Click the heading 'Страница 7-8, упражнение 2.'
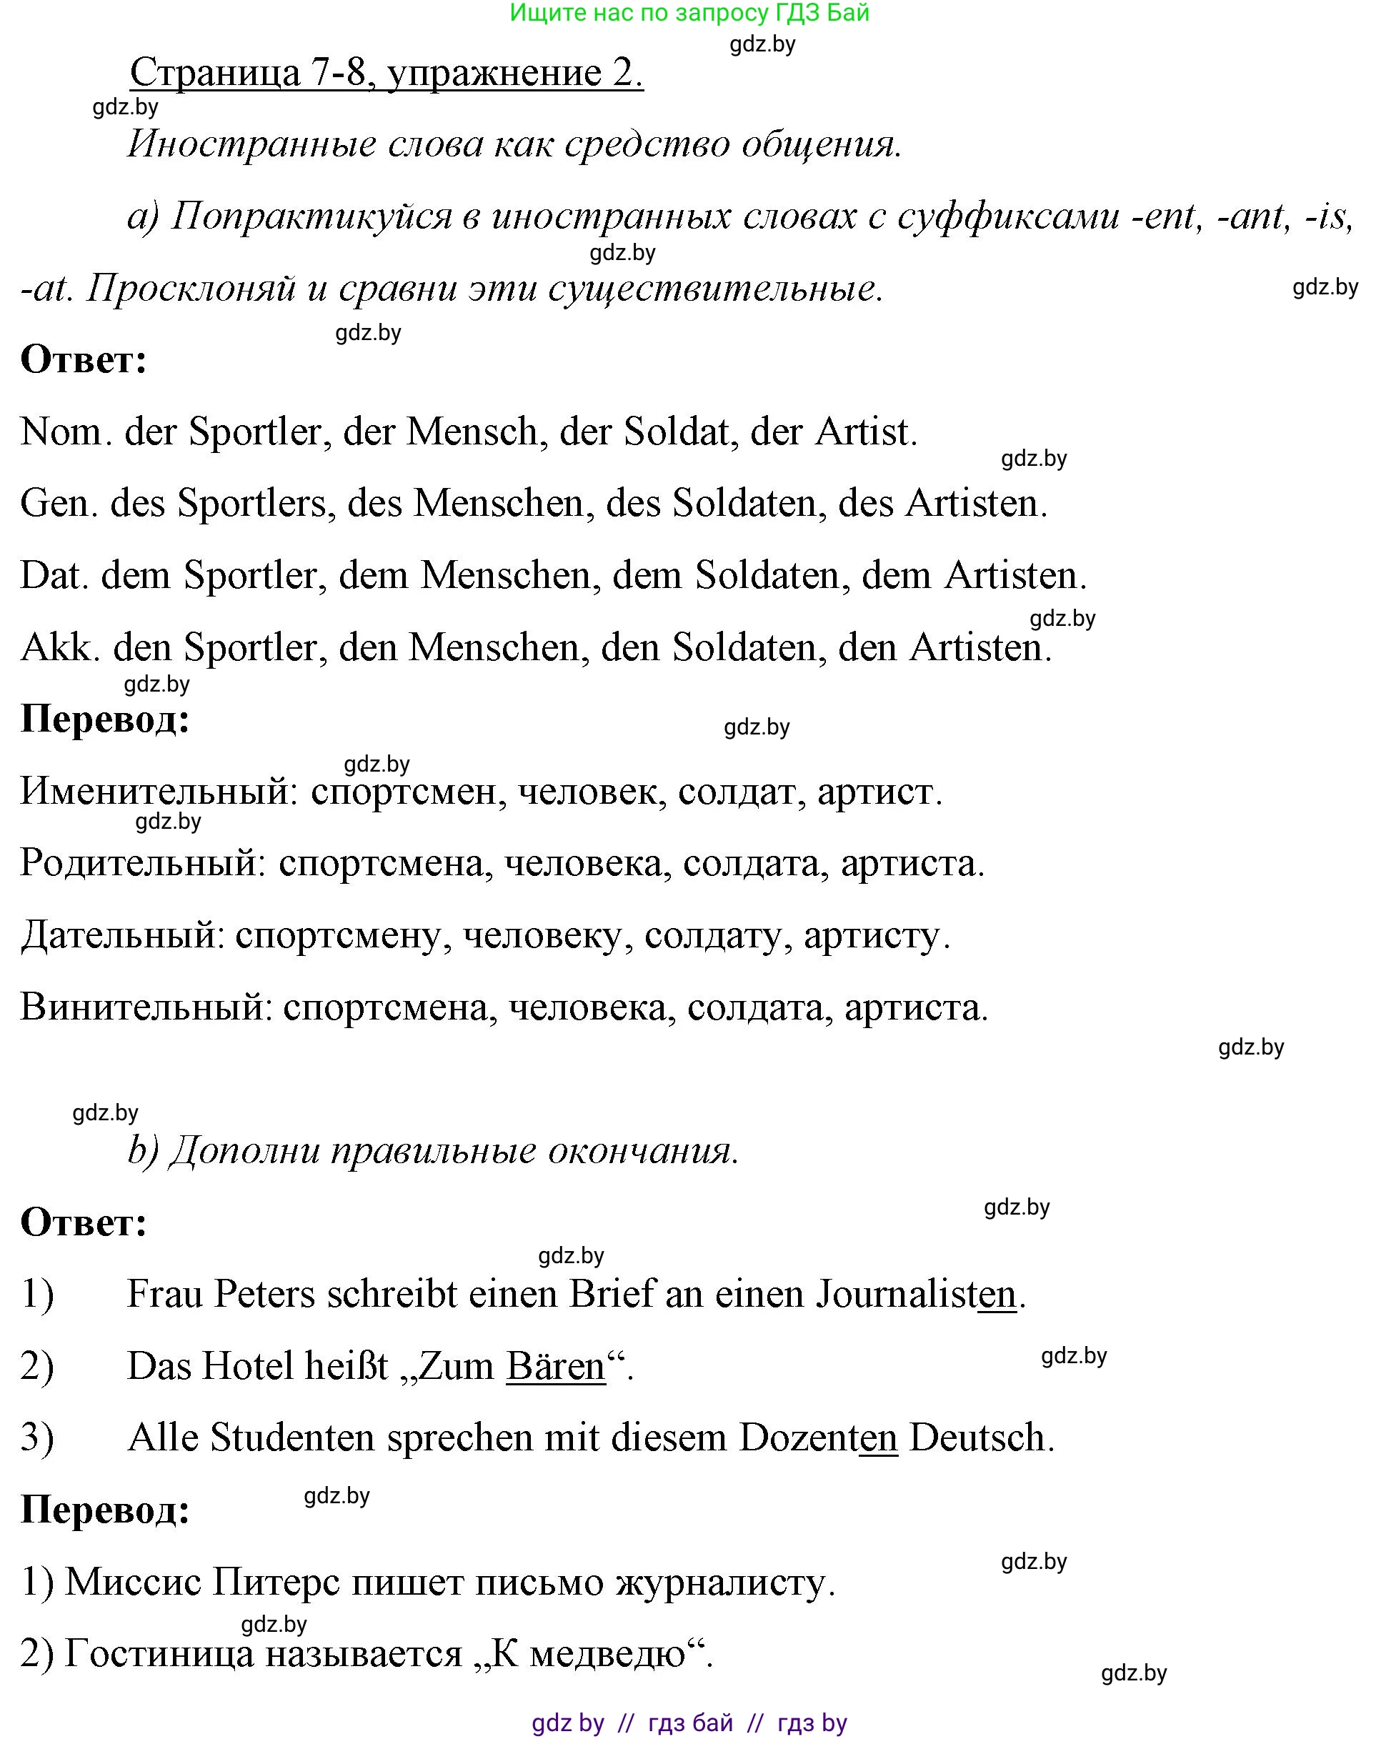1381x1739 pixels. [387, 74]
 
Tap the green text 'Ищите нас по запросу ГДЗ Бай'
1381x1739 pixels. [689, 13]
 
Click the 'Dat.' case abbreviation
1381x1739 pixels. [54, 576]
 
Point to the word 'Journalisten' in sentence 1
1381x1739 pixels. [916, 1295]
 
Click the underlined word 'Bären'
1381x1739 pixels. [555, 1366]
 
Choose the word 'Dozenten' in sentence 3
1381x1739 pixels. [817, 1438]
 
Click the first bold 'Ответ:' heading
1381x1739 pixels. [84, 360]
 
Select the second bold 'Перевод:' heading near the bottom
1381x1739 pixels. [105, 1510]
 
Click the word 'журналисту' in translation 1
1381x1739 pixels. [720, 1583]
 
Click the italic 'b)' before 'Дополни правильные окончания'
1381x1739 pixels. [143, 1151]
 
